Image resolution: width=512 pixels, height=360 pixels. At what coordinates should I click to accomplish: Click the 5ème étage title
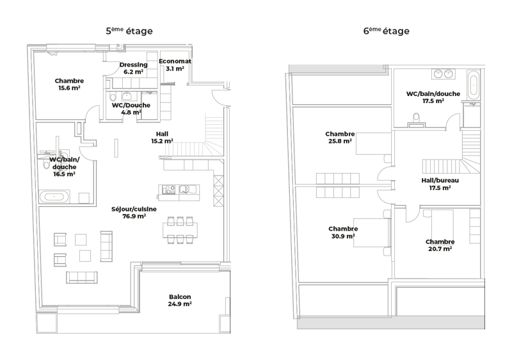pyautogui.click(x=129, y=31)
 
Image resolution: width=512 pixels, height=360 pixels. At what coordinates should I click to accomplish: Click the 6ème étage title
pyautogui.click(x=387, y=31)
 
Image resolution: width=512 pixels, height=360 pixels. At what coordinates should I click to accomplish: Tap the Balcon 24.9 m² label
pyautogui.click(x=180, y=300)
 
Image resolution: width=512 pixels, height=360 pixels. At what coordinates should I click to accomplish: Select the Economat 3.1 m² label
pyautogui.click(x=175, y=65)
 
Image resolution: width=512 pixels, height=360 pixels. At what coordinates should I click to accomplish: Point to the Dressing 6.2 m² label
pyautogui.click(x=133, y=69)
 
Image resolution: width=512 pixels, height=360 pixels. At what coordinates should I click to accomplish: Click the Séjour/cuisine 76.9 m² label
pyautogui.click(x=134, y=212)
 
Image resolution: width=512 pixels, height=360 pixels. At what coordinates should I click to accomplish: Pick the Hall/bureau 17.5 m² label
pyautogui.click(x=440, y=184)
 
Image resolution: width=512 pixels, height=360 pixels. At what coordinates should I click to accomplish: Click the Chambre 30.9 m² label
pyautogui.click(x=343, y=233)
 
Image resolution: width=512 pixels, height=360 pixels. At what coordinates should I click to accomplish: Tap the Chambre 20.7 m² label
pyautogui.click(x=440, y=245)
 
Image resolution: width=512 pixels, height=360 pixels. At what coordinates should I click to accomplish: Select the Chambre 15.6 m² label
pyautogui.click(x=69, y=85)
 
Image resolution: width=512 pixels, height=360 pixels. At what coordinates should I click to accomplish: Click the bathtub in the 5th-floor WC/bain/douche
pyautogui.click(x=54, y=197)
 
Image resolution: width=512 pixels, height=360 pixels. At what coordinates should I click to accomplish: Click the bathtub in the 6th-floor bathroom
pyautogui.click(x=473, y=85)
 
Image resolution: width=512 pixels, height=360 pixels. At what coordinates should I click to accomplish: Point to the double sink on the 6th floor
pyautogui.click(x=444, y=74)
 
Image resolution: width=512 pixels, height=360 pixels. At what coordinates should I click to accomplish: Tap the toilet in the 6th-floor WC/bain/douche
pyautogui.click(x=417, y=120)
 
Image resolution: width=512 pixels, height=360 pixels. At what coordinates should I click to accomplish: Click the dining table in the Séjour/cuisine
pyautogui.click(x=180, y=230)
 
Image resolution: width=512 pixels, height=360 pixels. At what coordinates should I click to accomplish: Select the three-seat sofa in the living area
pyautogui.click(x=82, y=277)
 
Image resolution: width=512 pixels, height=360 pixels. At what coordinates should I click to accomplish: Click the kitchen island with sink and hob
pyautogui.click(x=179, y=193)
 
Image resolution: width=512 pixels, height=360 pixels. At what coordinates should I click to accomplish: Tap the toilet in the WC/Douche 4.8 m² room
pyautogui.click(x=113, y=97)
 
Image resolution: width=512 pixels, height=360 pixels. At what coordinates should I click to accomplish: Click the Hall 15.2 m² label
pyautogui.click(x=162, y=138)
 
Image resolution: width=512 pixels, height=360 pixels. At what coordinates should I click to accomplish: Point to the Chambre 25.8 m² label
pyautogui.click(x=340, y=138)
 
